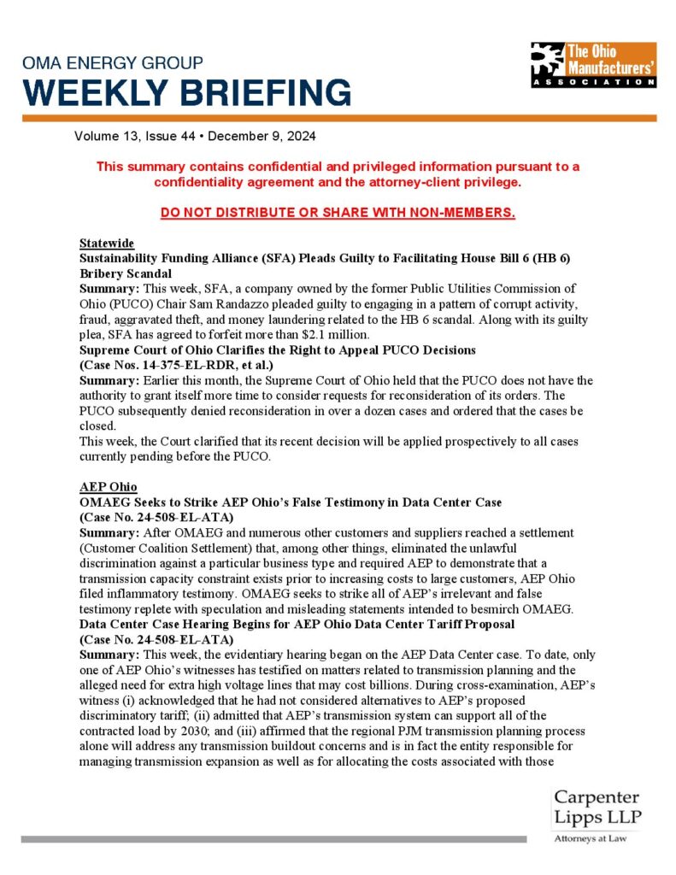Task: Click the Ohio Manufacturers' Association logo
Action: pos(593,65)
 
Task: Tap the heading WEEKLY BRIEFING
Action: pos(186,91)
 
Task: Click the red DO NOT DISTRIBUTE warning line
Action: pos(338,212)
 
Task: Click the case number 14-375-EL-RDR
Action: pos(188,364)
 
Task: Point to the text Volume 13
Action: pos(104,136)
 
